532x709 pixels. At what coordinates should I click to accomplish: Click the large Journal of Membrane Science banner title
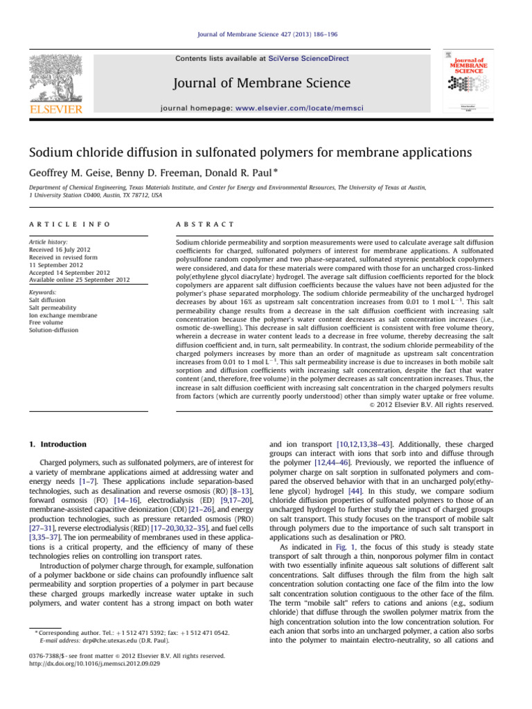[x=266, y=84]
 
